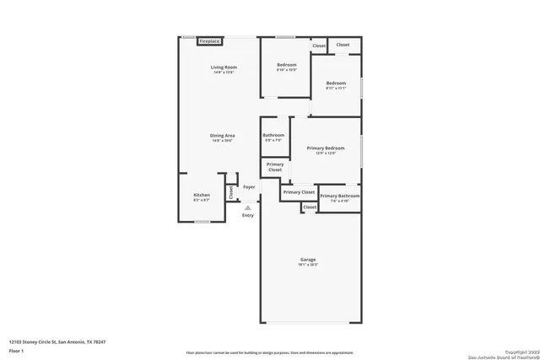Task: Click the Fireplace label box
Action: pos(210,40)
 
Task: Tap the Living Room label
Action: pos(224,67)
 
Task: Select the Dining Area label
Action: pos(223,135)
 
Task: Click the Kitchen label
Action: pos(202,195)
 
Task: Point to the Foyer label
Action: pos(249,186)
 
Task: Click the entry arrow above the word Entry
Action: pos(247,207)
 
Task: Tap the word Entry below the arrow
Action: pos(247,216)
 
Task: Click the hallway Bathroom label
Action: pos(273,135)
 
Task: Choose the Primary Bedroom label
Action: pos(325,148)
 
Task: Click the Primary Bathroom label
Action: pos(339,196)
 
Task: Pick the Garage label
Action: pos(307,260)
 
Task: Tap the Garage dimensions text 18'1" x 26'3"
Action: pos(307,265)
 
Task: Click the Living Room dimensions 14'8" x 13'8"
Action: pos(224,73)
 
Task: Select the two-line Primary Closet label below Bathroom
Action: pos(275,167)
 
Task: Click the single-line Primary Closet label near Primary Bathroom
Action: pos(299,192)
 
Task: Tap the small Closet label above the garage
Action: pos(310,207)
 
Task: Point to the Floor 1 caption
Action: pos(17,352)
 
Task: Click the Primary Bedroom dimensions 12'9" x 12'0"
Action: pos(325,153)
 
